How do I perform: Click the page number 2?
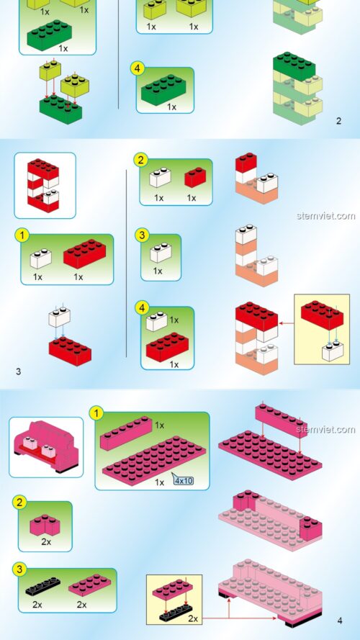(338, 120)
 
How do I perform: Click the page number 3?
(19, 371)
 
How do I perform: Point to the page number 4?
(339, 621)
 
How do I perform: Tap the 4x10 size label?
(183, 481)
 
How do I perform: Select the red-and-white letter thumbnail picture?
(45, 186)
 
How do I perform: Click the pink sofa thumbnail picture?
(45, 446)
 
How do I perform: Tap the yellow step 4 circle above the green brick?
(137, 69)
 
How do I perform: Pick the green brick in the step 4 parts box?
(168, 89)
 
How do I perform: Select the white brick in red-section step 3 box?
(159, 253)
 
